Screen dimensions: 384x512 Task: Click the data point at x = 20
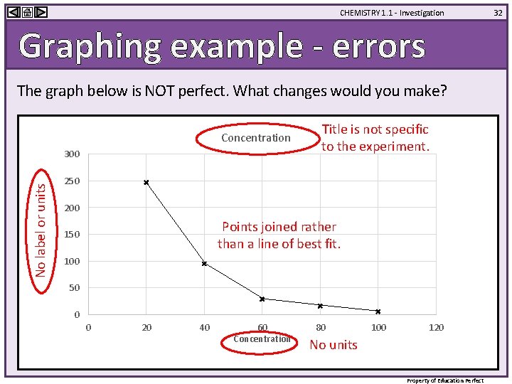[146, 183]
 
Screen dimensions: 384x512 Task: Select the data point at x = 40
[204, 264]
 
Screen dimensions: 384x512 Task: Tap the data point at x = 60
[262, 299]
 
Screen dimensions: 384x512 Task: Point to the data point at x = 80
[320, 306]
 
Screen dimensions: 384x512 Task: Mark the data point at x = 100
[378, 311]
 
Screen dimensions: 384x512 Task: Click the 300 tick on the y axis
[72, 154]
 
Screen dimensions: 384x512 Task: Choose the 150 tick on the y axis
[72, 235]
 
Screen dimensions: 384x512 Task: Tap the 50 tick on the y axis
[74, 288]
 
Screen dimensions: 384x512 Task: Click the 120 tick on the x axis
[437, 327]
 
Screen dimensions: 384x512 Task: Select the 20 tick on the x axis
[146, 327]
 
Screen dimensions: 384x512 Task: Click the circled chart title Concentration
[256, 138]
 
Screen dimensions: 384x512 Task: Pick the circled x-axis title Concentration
[262, 339]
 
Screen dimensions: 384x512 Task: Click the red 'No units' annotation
[334, 345]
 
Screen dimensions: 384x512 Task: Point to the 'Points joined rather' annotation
[279, 227]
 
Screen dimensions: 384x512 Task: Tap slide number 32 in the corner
[498, 12]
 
